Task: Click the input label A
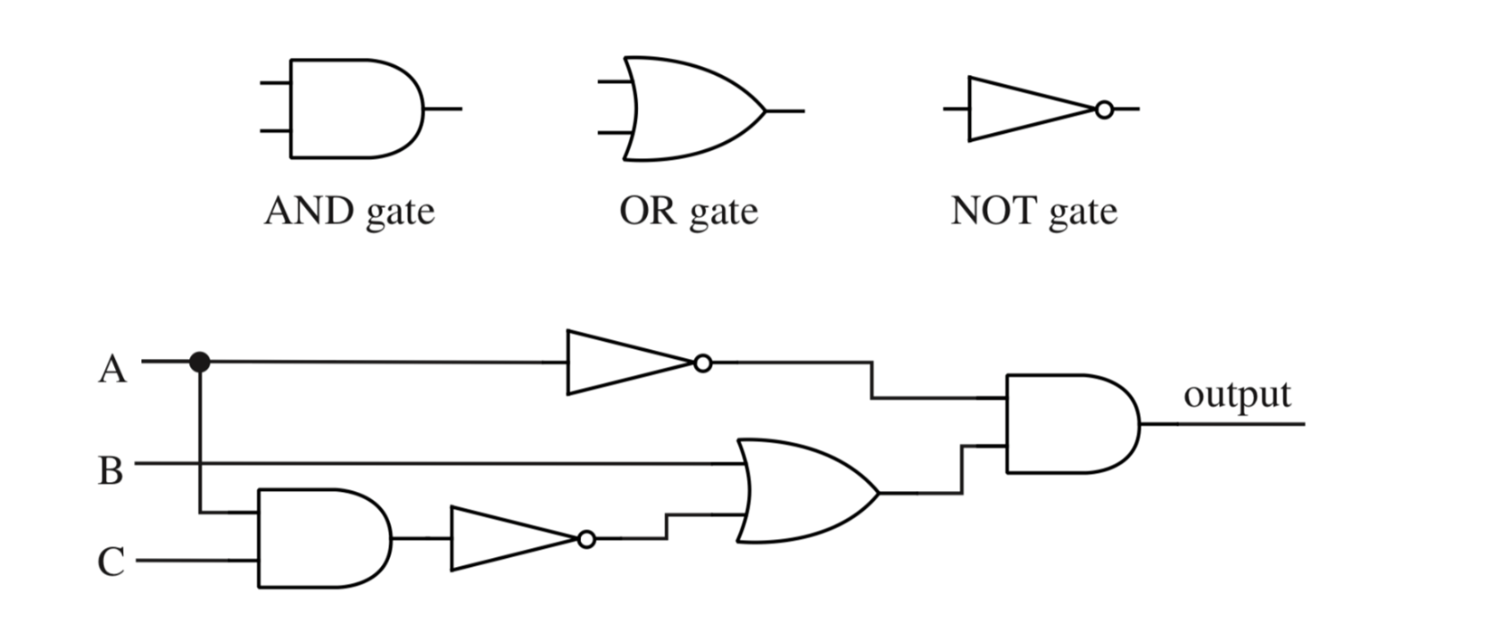112,370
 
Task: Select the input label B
110,471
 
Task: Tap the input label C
110,562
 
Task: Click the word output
1237,395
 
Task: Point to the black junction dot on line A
200,362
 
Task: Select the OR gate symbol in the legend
692,110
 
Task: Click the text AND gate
349,212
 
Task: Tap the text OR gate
689,212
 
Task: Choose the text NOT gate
1034,212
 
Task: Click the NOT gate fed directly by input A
624,363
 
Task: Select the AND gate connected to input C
322,539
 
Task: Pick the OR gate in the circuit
805,491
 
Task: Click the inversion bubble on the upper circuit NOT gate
702,364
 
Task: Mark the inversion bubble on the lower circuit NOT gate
586,540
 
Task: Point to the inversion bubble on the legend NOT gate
1104,109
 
